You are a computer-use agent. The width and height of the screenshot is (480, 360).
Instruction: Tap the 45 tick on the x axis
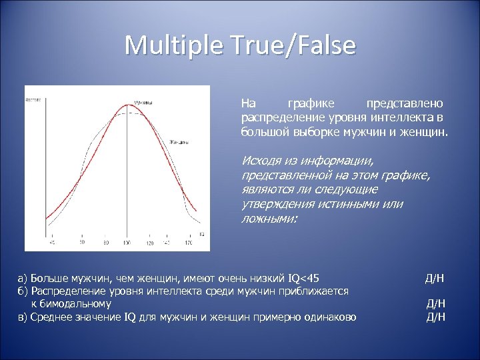pyautogui.click(x=53, y=243)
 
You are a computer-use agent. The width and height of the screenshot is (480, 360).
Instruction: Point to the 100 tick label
pyautogui.click(x=127, y=243)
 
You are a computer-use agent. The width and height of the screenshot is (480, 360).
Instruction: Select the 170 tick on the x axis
pyautogui.click(x=189, y=243)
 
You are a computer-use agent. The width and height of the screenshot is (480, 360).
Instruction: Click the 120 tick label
pyautogui.click(x=149, y=243)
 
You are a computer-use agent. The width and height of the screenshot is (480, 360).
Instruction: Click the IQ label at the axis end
pyautogui.click(x=201, y=235)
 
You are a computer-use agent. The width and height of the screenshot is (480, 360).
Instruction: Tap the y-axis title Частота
pyautogui.click(x=33, y=99)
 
